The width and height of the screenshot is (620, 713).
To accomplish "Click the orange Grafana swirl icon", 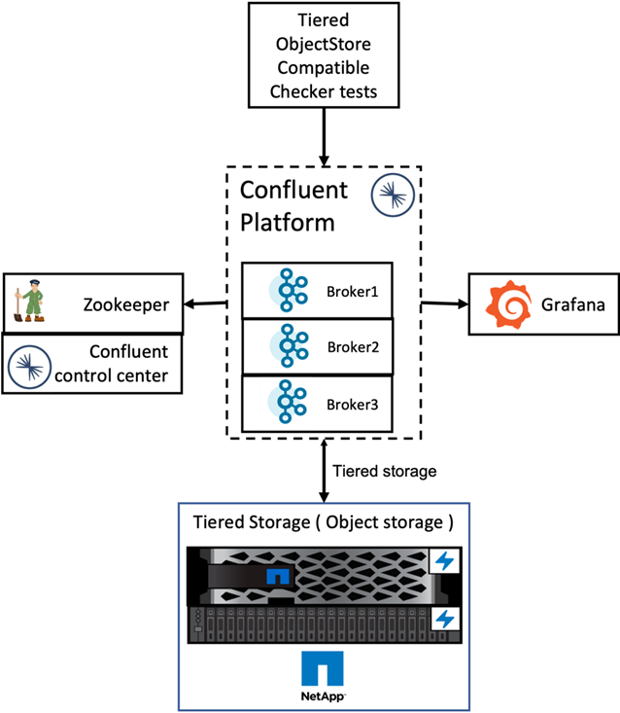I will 509,304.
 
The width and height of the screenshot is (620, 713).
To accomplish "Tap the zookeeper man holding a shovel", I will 29,301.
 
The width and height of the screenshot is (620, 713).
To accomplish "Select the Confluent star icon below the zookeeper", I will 29,367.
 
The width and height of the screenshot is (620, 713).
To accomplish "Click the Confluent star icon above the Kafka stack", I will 393,196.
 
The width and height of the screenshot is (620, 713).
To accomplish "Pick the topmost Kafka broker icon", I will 288,290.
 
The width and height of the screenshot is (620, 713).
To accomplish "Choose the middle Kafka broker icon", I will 288,345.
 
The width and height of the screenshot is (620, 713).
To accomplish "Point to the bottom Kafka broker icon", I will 287,401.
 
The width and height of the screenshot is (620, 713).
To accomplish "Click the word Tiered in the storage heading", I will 218,522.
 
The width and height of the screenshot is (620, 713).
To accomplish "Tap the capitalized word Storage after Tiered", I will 279,522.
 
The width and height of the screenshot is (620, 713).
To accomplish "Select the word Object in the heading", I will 355,522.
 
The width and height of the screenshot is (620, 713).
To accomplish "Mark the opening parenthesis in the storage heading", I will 319,522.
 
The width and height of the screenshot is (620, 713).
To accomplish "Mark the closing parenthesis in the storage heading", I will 449,522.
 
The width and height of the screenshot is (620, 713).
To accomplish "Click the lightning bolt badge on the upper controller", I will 445,561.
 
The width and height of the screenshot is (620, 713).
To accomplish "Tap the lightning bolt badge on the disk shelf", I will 445,620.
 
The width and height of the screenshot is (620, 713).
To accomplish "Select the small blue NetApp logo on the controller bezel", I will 278,576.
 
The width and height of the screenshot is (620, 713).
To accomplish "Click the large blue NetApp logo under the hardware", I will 323,669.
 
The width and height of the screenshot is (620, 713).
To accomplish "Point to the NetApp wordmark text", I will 323,696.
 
